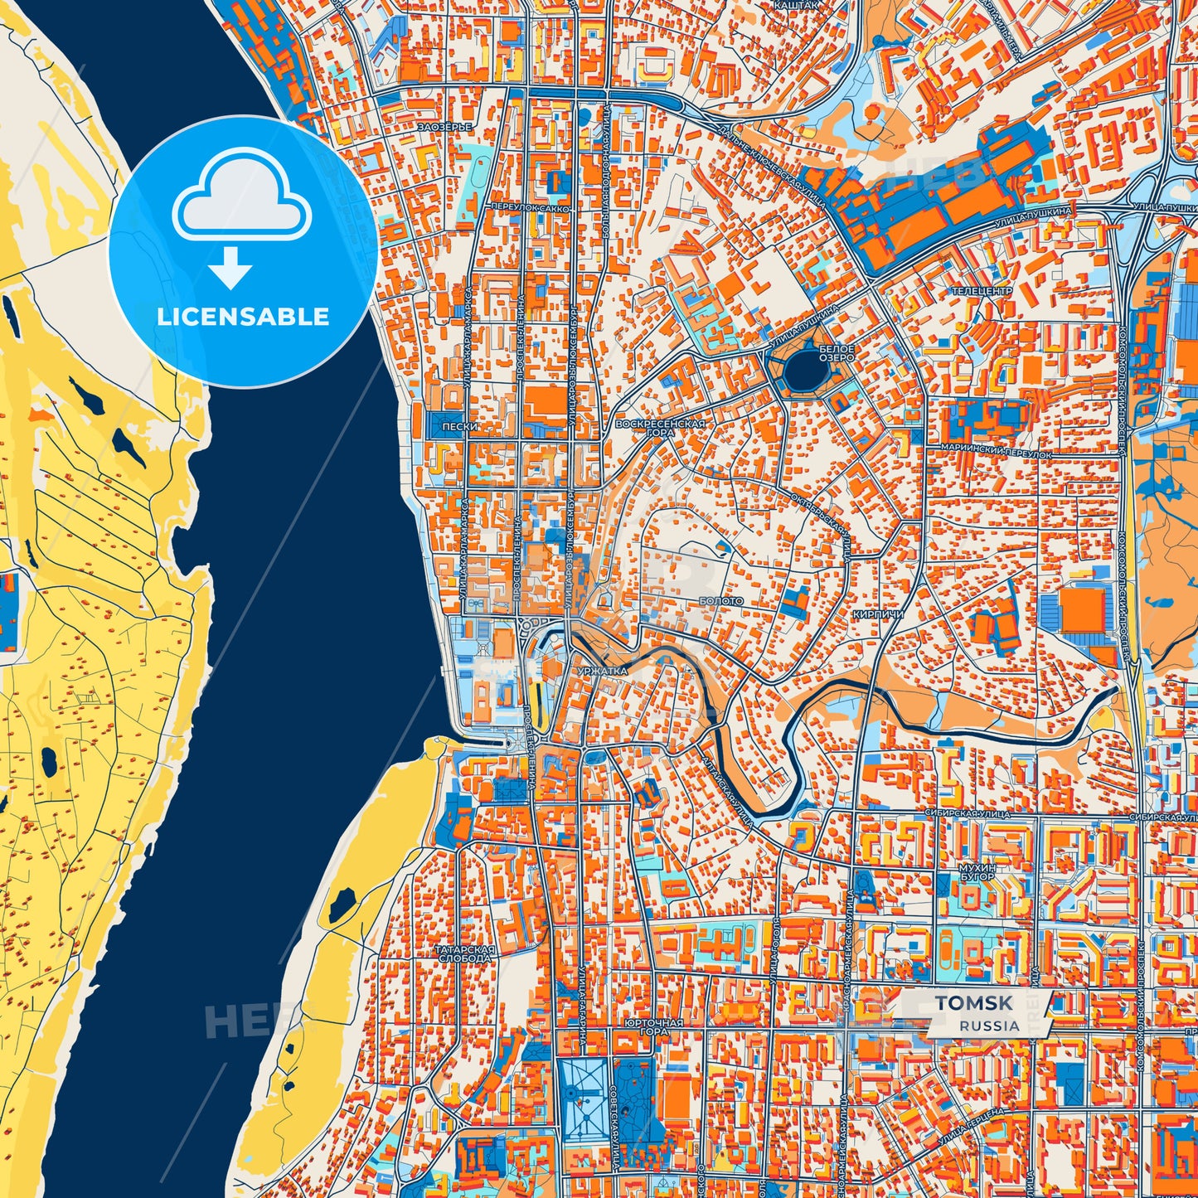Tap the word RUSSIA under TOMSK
pyautogui.click(x=989, y=1026)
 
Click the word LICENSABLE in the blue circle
pyautogui.click(x=243, y=317)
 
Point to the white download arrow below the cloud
pyautogui.click(x=230, y=267)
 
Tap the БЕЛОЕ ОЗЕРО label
pyautogui.click(x=836, y=353)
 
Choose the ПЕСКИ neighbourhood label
pyautogui.click(x=459, y=427)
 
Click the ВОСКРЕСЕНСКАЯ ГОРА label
pyautogui.click(x=660, y=428)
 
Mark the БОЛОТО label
pyautogui.click(x=720, y=600)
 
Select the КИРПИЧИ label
pyautogui.click(x=877, y=614)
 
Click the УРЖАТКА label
pyautogui.click(x=598, y=670)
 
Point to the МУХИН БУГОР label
pyautogui.click(x=976, y=871)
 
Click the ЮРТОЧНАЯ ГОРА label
pyautogui.click(x=654, y=1027)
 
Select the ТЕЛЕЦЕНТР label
pyautogui.click(x=981, y=292)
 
